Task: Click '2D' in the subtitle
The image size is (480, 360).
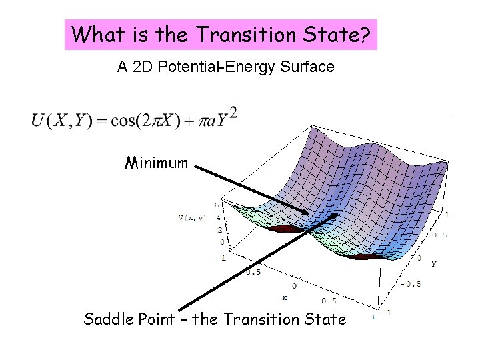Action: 141,67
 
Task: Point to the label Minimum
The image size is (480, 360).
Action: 157,163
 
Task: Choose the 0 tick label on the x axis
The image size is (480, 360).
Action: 294,286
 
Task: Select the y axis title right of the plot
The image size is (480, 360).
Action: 434,263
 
